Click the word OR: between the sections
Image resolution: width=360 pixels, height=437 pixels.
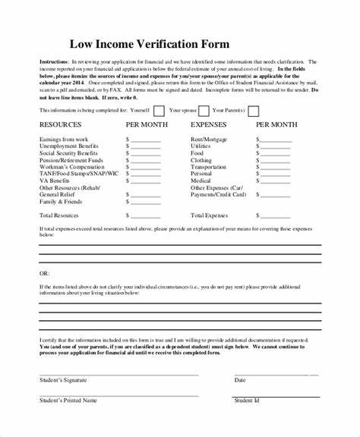tap(44, 271)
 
